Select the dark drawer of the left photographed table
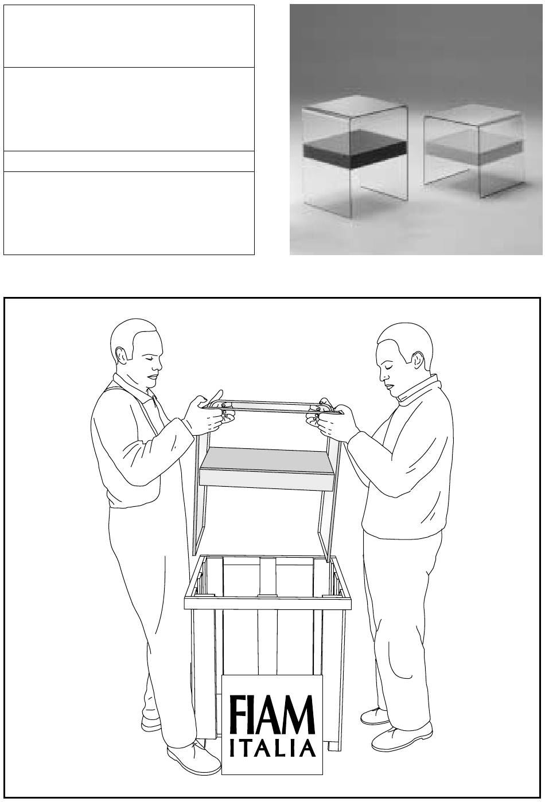[354, 150]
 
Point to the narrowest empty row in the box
[129, 162]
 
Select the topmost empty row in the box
[129, 36]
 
